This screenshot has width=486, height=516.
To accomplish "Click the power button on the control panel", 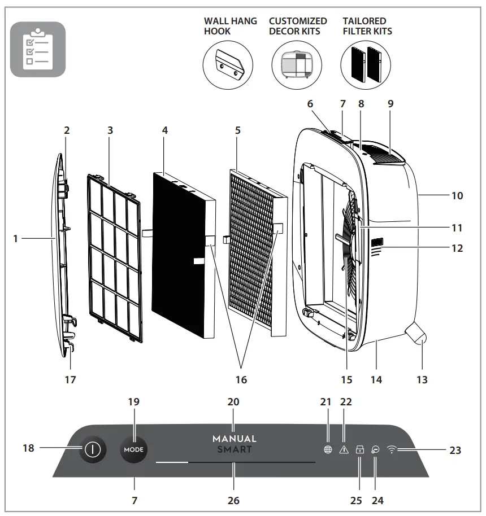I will (92, 450).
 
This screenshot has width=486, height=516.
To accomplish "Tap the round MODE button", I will (134, 450).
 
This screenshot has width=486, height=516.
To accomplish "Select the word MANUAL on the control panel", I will (234, 439).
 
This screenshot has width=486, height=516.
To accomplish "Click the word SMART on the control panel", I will (234, 450).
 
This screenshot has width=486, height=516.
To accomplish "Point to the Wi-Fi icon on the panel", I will (392, 450).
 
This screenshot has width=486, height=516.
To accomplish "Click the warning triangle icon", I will (343, 450).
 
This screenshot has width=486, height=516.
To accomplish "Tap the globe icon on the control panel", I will (327, 450).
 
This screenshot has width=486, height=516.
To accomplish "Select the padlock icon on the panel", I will (359, 450).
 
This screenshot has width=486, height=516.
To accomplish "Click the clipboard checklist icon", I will (38, 49).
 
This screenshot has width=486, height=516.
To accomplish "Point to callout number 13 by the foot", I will (422, 379).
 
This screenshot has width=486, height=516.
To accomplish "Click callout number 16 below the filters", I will (241, 380).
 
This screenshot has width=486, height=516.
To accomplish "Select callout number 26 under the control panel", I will (233, 500).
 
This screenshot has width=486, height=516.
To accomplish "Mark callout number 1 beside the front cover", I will (16, 239).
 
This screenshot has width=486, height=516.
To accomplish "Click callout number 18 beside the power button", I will (29, 448).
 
